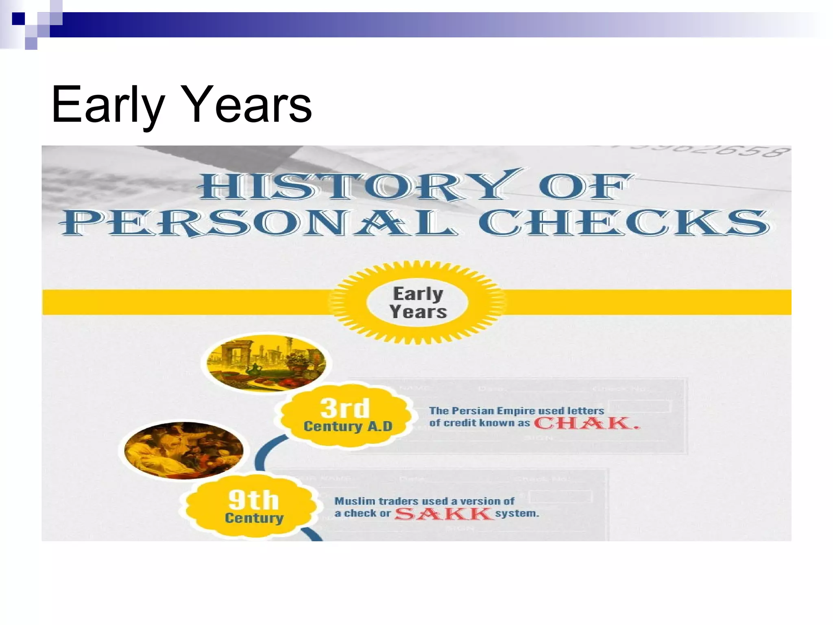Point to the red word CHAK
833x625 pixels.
(x=586, y=423)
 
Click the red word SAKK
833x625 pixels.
(x=443, y=514)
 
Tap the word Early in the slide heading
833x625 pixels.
(x=108, y=105)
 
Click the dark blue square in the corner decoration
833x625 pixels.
(x=18, y=19)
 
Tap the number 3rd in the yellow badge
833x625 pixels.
(x=345, y=408)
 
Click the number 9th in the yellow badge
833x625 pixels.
(x=253, y=500)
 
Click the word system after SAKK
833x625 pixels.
(x=517, y=514)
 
